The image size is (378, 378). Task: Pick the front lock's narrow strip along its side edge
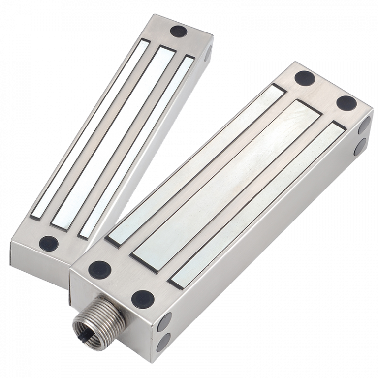(x=256, y=204)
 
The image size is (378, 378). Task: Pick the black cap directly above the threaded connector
(x=99, y=269)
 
